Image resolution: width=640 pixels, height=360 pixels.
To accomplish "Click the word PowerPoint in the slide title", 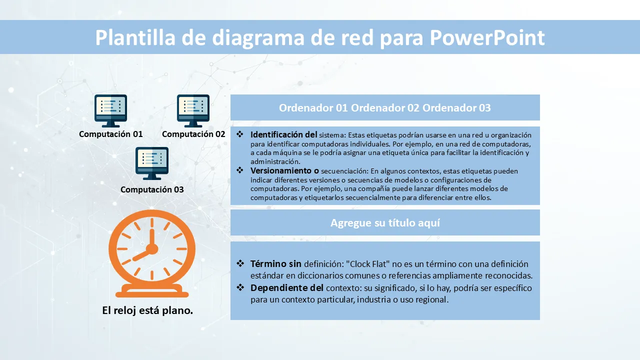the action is (x=487, y=37).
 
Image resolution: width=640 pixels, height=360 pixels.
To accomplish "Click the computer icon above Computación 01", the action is (x=111, y=111).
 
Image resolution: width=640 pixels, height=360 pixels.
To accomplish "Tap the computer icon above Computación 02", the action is (x=193, y=111).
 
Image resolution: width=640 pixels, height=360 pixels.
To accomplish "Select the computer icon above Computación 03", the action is (x=152, y=163).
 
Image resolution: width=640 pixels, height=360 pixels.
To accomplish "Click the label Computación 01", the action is (x=111, y=134).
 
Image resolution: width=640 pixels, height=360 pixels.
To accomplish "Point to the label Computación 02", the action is (x=193, y=134).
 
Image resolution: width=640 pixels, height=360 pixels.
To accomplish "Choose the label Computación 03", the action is (x=152, y=189).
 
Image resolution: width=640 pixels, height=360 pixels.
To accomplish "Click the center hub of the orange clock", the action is (x=152, y=249).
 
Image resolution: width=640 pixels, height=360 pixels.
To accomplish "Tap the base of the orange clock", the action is (x=152, y=291).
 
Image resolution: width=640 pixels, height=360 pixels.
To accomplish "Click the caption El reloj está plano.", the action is (x=147, y=310).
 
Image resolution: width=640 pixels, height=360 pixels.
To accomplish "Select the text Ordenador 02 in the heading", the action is (x=385, y=107).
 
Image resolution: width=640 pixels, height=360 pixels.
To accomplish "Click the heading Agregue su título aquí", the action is (x=385, y=223).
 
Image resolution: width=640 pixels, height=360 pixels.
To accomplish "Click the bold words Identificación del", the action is (x=283, y=134).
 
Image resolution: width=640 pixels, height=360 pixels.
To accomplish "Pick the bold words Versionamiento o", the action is (x=284, y=170).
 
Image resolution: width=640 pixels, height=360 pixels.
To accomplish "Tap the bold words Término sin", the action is (x=275, y=263).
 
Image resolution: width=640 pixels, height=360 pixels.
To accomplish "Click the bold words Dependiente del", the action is (x=287, y=287).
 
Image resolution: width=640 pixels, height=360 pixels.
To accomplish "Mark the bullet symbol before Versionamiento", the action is (x=240, y=170).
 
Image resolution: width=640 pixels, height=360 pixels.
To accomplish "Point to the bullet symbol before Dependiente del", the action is (x=240, y=287).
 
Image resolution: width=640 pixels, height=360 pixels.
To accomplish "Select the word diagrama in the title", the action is (x=258, y=38).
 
